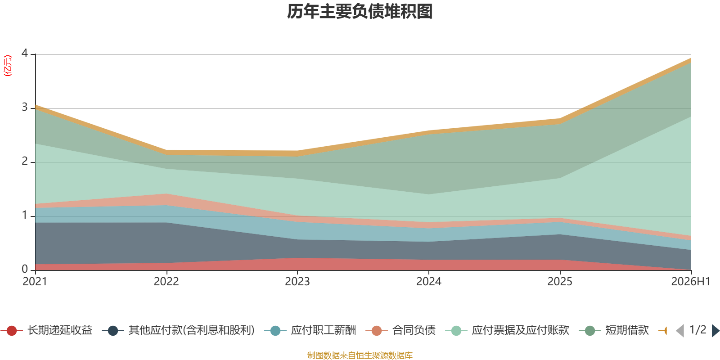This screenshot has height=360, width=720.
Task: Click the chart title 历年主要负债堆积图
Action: [x=360, y=12]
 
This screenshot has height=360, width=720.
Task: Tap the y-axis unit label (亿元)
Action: [x=7, y=66]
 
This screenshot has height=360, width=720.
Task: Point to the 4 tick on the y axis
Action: [x=25, y=53]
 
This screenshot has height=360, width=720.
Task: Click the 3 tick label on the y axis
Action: [x=25, y=107]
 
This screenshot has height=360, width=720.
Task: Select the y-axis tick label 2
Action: [x=25, y=161]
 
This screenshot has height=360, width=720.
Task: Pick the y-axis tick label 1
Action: [x=25, y=215]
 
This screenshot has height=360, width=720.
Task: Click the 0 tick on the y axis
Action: [x=25, y=269]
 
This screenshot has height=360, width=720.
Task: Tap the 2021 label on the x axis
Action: [x=35, y=282]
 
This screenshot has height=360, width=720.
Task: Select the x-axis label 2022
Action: [x=166, y=282]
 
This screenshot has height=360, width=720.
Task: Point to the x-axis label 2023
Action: [x=297, y=282]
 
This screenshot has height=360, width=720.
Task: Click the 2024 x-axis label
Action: [x=429, y=282]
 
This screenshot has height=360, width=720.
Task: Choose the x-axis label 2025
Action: [x=560, y=282]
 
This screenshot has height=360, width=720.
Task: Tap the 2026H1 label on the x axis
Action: [x=691, y=282]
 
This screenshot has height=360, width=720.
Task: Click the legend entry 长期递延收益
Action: [x=47, y=330]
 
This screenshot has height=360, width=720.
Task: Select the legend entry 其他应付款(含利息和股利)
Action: [x=178, y=330]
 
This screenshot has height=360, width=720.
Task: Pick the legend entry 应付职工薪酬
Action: [x=310, y=330]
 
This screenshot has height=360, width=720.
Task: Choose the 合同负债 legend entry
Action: [x=400, y=330]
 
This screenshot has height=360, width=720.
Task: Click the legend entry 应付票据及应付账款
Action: [x=507, y=330]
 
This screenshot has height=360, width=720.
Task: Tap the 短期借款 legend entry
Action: [x=614, y=330]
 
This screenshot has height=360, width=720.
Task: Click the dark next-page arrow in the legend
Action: [x=715, y=330]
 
